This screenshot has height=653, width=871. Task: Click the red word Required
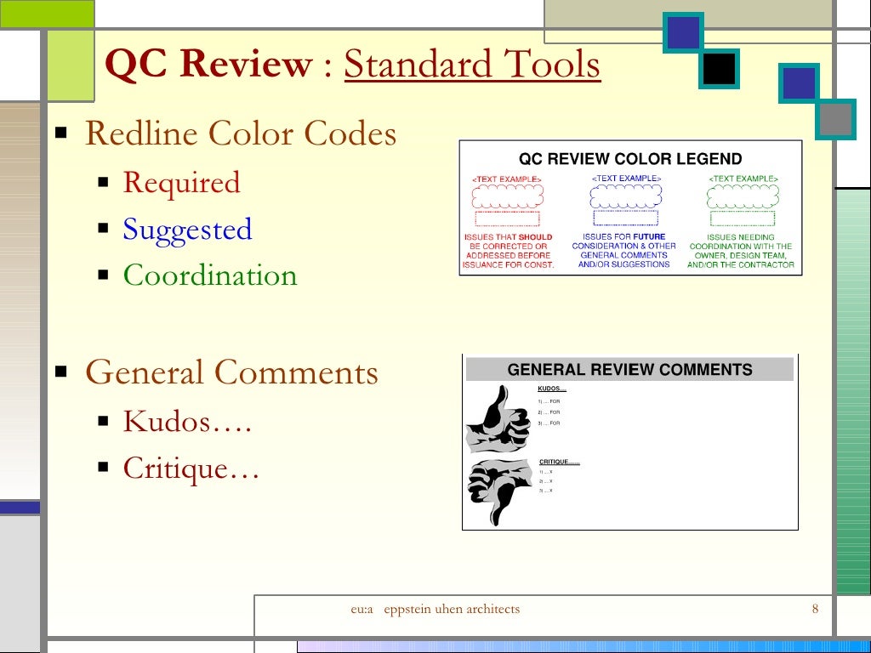coord(181,183)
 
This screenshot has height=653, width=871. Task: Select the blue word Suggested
coord(187,230)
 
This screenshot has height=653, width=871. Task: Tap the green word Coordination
coord(210,275)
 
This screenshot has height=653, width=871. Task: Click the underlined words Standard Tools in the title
coord(472,65)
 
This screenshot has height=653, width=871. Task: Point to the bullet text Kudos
coord(187,421)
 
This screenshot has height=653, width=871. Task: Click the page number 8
coord(815,609)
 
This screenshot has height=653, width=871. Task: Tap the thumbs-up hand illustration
coord(498,418)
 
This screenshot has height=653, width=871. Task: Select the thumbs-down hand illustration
coord(499,491)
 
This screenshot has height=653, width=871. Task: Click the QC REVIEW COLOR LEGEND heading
coord(630,159)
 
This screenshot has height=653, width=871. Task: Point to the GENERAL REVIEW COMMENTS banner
coord(629,370)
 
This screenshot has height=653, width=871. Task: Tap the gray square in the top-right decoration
coord(836,119)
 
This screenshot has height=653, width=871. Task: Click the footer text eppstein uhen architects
coord(452,609)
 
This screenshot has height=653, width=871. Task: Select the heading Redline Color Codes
coord(241,134)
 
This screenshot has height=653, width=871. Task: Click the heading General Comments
coord(231,372)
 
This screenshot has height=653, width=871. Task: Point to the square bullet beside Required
coord(103,183)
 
